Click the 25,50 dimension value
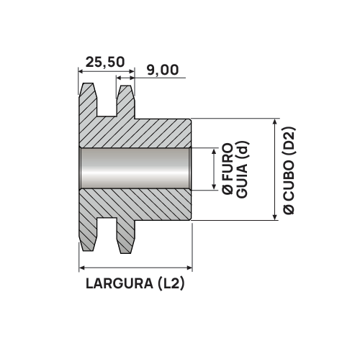tap(104, 63)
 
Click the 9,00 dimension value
tap(161, 70)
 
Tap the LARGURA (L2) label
tap(135, 283)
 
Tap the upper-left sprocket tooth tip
tap(88, 88)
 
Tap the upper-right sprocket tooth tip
tap(125, 89)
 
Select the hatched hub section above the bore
tap(144, 133)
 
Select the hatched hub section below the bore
tap(144, 206)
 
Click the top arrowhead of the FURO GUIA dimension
tap(214, 152)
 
